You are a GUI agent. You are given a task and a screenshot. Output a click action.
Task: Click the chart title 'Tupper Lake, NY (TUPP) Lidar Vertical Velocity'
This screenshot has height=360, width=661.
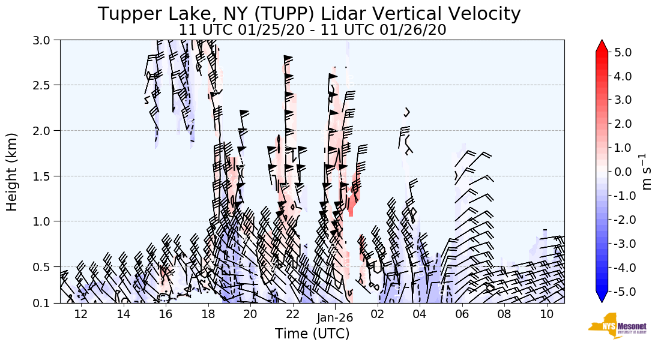309,14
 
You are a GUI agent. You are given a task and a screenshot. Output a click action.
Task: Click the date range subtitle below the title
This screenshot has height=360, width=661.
312,29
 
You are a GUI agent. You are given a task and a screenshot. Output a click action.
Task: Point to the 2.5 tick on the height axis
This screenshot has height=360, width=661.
47,85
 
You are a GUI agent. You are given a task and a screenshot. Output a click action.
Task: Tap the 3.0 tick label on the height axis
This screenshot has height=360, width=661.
47,40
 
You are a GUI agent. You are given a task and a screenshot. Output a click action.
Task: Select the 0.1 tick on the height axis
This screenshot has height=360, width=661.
47,303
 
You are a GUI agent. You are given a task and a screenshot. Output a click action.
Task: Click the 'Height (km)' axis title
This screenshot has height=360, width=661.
12,172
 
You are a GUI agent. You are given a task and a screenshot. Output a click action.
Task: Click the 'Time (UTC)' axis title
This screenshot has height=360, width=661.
312,334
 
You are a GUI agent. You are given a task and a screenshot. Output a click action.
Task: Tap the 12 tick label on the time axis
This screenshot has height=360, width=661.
81,314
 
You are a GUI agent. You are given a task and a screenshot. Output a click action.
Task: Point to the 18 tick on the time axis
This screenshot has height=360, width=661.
208,314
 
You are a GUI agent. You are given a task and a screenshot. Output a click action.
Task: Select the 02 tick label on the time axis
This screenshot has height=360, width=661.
378,314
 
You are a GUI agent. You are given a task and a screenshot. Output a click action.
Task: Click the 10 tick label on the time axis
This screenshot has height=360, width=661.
547,314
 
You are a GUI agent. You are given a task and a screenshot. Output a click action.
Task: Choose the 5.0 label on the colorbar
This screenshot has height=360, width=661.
623,52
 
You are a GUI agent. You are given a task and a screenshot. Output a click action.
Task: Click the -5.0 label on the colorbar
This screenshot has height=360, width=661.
621,292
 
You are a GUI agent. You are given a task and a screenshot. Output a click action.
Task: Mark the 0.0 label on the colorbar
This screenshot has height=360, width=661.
623,172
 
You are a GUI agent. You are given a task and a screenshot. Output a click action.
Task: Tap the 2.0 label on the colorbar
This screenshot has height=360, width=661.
623,124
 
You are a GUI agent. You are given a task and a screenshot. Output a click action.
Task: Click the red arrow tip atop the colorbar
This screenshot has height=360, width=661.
602,46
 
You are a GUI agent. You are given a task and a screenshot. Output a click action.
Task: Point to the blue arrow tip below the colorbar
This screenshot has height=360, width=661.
602,298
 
